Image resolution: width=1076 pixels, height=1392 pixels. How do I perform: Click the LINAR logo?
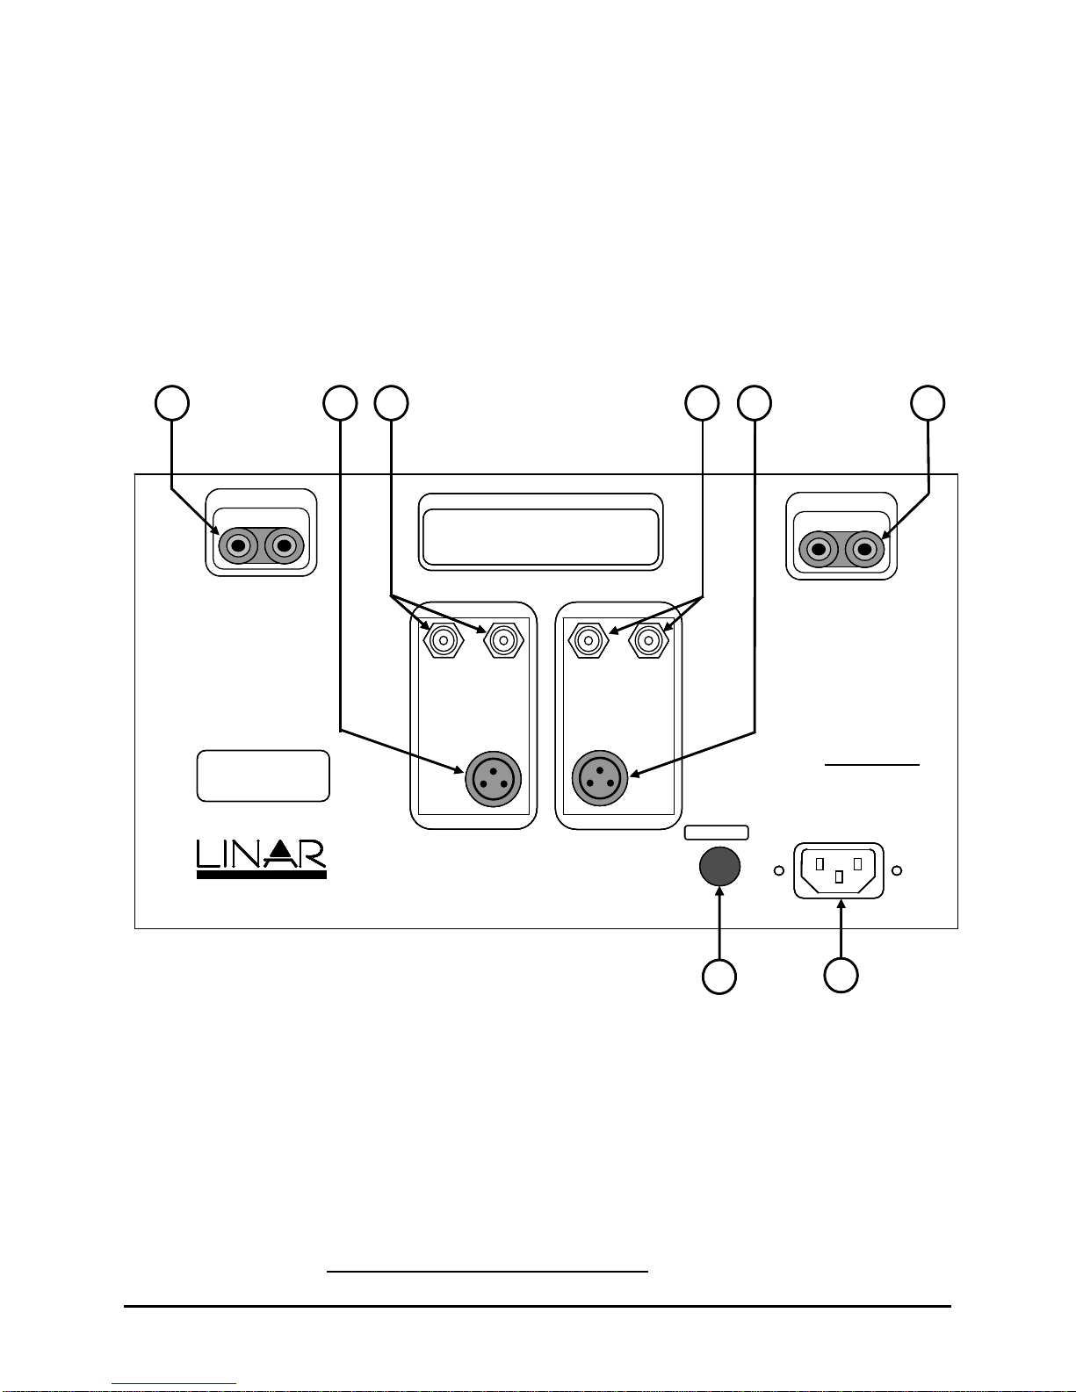(262, 859)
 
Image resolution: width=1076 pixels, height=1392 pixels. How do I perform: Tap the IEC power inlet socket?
(839, 870)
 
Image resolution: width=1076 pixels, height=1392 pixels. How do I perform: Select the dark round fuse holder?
(720, 866)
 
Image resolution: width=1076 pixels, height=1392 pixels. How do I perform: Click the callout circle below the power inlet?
(841, 976)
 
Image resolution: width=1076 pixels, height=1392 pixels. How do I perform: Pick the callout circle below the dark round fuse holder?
(719, 977)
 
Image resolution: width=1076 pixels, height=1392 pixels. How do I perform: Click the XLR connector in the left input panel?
(493, 779)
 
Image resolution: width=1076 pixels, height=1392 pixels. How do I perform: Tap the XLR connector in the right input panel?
(600, 778)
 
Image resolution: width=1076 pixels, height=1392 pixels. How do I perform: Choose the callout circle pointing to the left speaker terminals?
(172, 403)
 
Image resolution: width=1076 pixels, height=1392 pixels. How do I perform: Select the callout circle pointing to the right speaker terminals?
(928, 403)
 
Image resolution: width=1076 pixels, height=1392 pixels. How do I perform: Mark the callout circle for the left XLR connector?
(340, 403)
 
